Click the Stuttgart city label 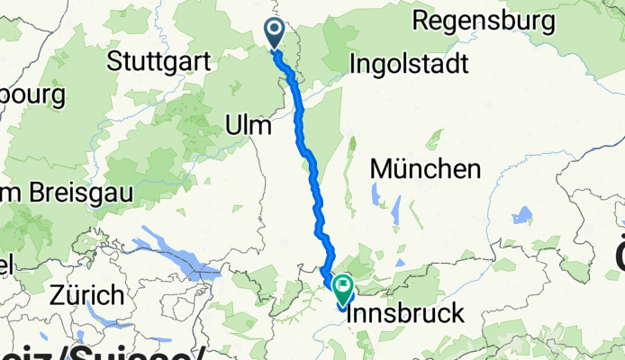click(159, 62)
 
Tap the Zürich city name click(87, 294)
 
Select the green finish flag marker click(343, 288)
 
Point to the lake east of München click(521, 215)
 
